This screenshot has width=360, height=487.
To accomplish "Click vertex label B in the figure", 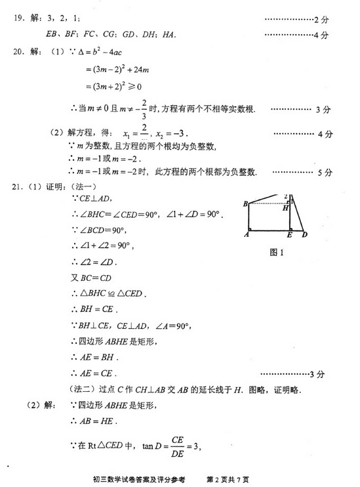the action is click(245, 204).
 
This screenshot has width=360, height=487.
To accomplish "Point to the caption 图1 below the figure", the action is click(275, 252).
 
